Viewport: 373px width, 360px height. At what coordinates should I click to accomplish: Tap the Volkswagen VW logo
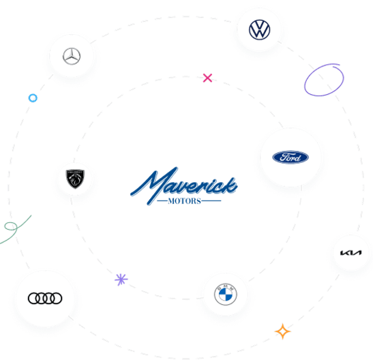260,30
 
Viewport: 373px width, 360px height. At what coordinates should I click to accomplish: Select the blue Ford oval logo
290,157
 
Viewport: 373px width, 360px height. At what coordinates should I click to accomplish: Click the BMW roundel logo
224,296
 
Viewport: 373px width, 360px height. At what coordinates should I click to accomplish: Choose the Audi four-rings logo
45,298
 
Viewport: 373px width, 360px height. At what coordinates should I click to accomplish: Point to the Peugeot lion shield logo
73,179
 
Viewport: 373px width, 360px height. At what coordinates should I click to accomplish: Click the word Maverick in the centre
183,185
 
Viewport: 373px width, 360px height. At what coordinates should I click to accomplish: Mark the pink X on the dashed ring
207,78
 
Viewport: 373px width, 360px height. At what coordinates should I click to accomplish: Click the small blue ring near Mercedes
32,98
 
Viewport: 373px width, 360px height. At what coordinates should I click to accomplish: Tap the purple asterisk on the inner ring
121,279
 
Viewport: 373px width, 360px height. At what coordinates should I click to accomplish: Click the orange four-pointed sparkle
282,331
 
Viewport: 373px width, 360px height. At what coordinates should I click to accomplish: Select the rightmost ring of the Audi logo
57,298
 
